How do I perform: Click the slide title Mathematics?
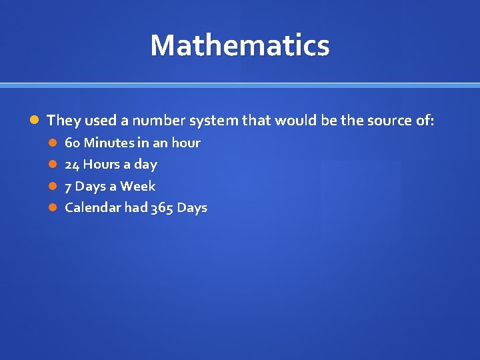pos(240,45)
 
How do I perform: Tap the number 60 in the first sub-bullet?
pos(73,143)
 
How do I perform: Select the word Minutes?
pos(108,143)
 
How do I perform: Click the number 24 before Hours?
pos(72,164)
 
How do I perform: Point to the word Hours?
pos(101,164)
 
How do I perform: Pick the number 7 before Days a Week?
pos(68,186)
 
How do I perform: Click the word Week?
pos(137,186)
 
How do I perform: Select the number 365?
pos(163,208)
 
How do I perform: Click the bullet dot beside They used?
pos(35,121)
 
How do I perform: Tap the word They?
pos(61,121)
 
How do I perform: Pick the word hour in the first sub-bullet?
pos(186,143)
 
